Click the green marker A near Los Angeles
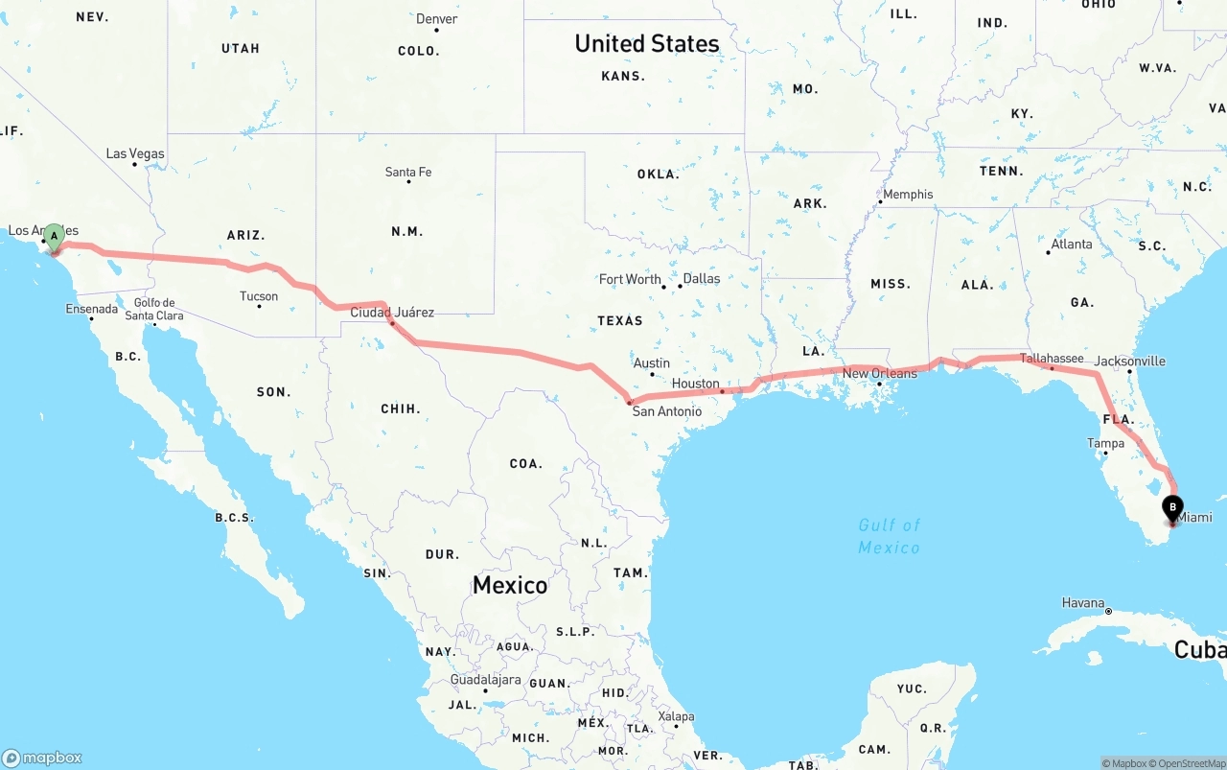[x=55, y=235]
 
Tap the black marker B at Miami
[x=1172, y=507]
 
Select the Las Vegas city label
[x=135, y=153]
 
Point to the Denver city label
[x=436, y=19]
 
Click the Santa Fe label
[x=408, y=173]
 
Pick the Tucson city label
[x=259, y=296]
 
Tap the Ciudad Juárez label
[x=392, y=313]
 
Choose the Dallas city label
[x=702, y=279]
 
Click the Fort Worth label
[x=630, y=279]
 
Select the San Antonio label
[x=666, y=411]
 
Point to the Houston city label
[x=696, y=384]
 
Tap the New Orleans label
[x=879, y=373]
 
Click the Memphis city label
[x=908, y=195]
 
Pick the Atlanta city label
[x=1071, y=245]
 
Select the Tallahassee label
[x=1052, y=359]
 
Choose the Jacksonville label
[x=1130, y=362]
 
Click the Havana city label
[x=1083, y=603]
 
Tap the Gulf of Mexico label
[x=889, y=536]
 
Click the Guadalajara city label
[x=486, y=680]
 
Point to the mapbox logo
[x=42, y=758]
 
